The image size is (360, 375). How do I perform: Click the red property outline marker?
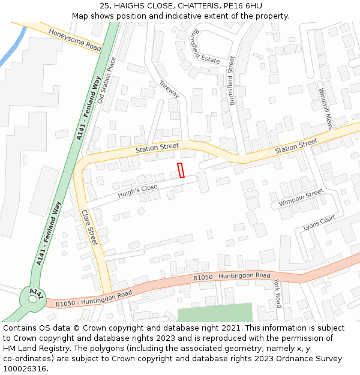click(x=181, y=170)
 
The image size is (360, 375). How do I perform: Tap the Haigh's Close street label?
click(x=137, y=191)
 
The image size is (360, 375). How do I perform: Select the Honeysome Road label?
click(x=75, y=40)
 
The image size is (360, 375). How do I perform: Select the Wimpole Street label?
click(x=301, y=198)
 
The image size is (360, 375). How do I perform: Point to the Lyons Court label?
click(x=319, y=223)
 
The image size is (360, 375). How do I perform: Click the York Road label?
click(x=277, y=293)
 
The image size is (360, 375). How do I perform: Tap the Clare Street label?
click(x=89, y=227)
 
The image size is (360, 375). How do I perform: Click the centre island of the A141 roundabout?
click(x=31, y=298)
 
